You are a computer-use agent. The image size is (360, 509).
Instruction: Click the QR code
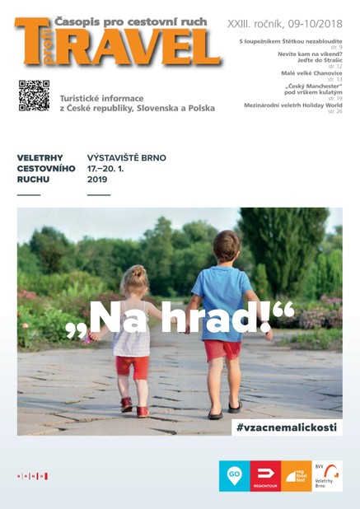(34, 96)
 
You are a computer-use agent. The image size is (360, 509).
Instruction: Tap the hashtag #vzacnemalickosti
(287, 427)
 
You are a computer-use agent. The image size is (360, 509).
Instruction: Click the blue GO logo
(233, 476)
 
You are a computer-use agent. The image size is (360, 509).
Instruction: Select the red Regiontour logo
(264, 476)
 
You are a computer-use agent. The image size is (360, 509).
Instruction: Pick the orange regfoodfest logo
(295, 476)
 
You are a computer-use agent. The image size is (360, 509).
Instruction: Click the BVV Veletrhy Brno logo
(327, 476)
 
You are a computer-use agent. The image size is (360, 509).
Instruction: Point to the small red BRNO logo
(33, 476)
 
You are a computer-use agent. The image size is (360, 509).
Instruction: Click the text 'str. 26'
(335, 111)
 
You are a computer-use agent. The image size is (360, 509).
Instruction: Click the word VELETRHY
(40, 156)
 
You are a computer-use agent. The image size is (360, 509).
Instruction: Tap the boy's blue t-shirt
(221, 291)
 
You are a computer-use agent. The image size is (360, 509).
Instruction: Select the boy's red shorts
(222, 348)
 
